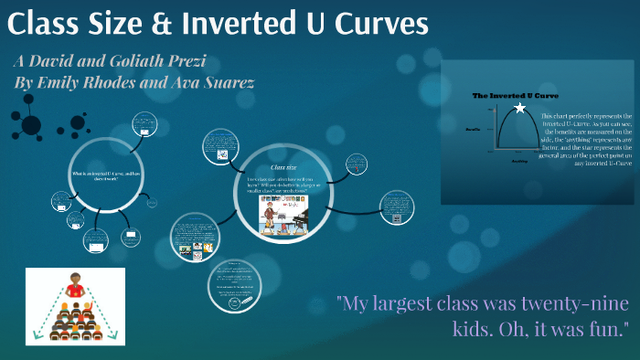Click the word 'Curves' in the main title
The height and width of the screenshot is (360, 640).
pyautogui.click(x=373, y=25)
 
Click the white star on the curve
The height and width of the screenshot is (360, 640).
pyautogui.click(x=520, y=108)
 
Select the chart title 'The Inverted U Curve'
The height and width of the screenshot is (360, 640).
pyautogui.click(x=515, y=95)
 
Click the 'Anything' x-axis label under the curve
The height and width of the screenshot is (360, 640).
pyautogui.click(x=519, y=160)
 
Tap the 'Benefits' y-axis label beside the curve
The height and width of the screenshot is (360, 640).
pyautogui.click(x=474, y=130)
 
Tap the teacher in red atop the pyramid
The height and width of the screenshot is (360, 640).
pyautogui.click(x=75, y=291)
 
